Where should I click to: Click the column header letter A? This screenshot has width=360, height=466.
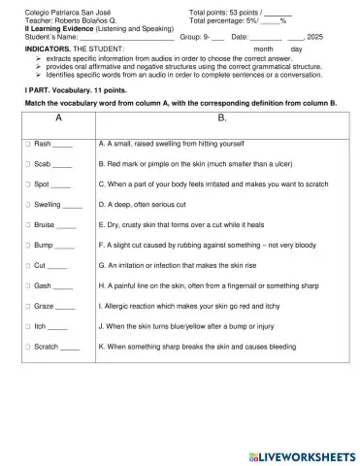tap(58, 120)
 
